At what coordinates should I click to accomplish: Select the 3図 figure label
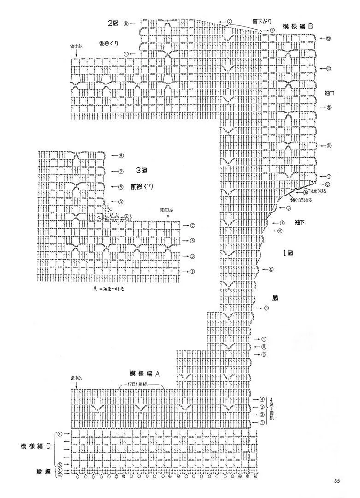pos(141,171)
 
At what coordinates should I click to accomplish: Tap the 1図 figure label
pos(289,253)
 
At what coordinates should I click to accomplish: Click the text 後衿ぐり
pos(109,44)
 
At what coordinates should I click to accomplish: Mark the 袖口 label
pos(329,93)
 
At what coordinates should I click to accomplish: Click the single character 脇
pos(281,298)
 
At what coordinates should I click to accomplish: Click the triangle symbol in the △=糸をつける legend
pos(95,289)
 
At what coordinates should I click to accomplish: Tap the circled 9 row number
pos(121,155)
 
